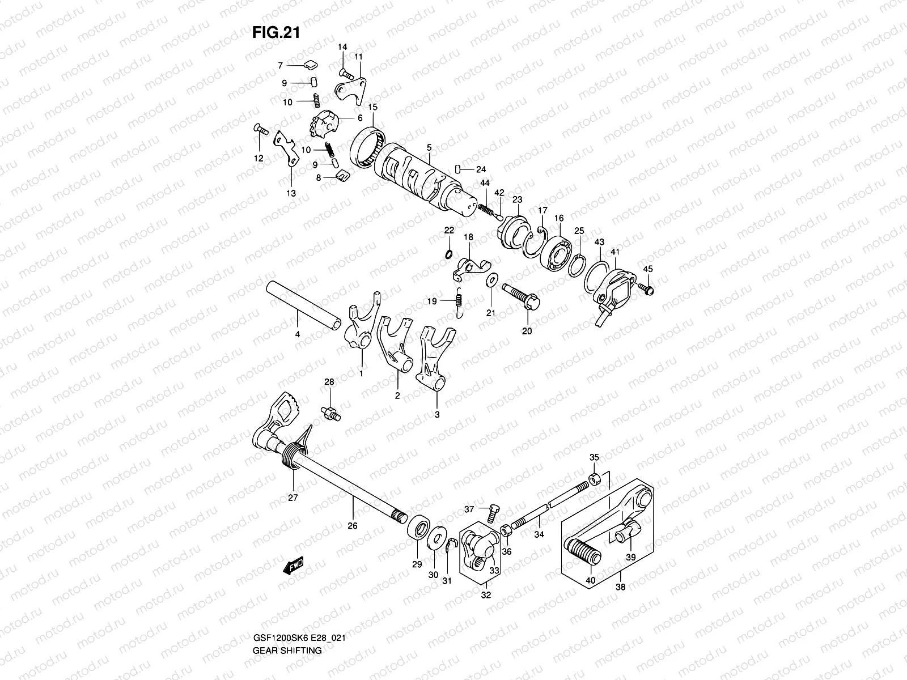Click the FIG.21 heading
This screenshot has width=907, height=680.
point(276,33)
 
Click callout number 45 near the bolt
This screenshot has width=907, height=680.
point(648,269)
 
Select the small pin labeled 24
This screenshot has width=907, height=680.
point(458,169)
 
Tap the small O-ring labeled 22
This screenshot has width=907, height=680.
point(448,253)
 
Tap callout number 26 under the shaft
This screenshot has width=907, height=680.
point(352,526)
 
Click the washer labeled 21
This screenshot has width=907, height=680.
point(491,280)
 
